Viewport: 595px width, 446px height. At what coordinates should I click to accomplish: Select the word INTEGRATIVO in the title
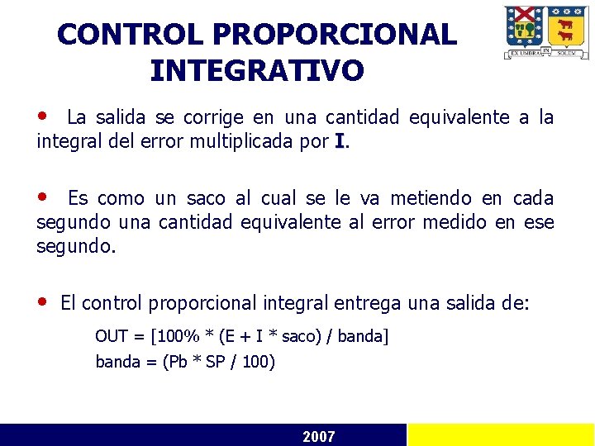256,71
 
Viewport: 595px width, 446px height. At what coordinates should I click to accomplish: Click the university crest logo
546,32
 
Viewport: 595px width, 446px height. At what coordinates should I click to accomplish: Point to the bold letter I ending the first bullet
339,141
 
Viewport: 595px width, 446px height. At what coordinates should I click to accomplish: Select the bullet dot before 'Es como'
43,196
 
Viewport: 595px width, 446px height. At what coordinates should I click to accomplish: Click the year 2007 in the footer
319,436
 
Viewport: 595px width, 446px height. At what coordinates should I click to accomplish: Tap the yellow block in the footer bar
500,435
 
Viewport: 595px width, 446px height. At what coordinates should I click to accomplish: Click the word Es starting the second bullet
78,199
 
